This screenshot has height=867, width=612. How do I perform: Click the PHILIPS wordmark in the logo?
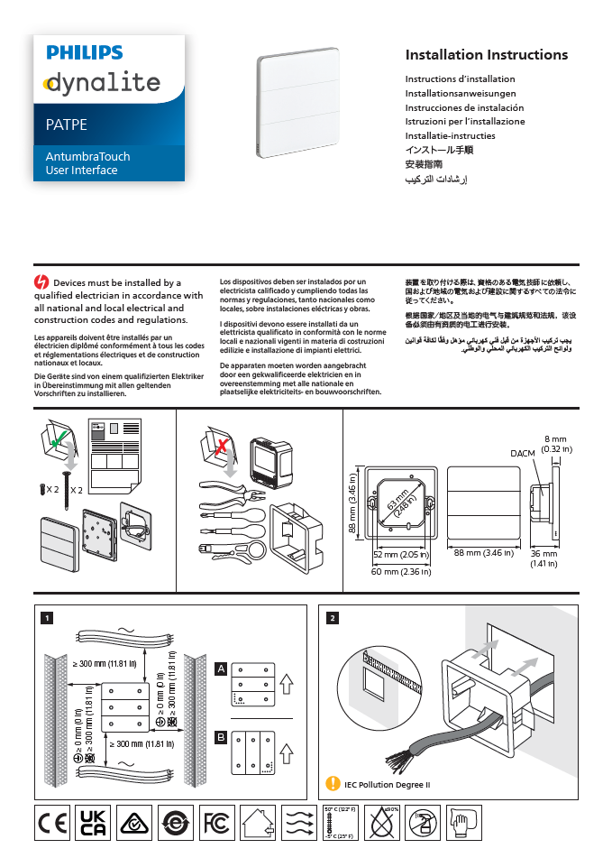pyautogui.click(x=85, y=54)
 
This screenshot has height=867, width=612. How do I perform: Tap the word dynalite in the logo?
pyautogui.click(x=102, y=85)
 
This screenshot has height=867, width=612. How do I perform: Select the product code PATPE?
pyautogui.click(x=67, y=125)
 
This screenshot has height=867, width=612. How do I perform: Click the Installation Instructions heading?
pyautogui.click(x=486, y=55)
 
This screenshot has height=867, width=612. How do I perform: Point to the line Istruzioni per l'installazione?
pyautogui.click(x=464, y=122)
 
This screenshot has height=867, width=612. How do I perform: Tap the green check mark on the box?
pyautogui.click(x=57, y=442)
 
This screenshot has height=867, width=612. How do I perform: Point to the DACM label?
pyautogui.click(x=523, y=453)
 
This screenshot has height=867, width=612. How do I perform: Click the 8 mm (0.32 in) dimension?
pyautogui.click(x=555, y=444)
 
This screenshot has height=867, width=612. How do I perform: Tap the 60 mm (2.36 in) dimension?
pyautogui.click(x=401, y=571)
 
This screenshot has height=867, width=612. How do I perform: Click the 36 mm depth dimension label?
pyautogui.click(x=543, y=558)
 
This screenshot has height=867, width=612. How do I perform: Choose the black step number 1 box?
pyautogui.click(x=47, y=618)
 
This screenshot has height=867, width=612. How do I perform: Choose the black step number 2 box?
pyautogui.click(x=333, y=618)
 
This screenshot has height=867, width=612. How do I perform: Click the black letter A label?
pyautogui.click(x=220, y=669)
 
